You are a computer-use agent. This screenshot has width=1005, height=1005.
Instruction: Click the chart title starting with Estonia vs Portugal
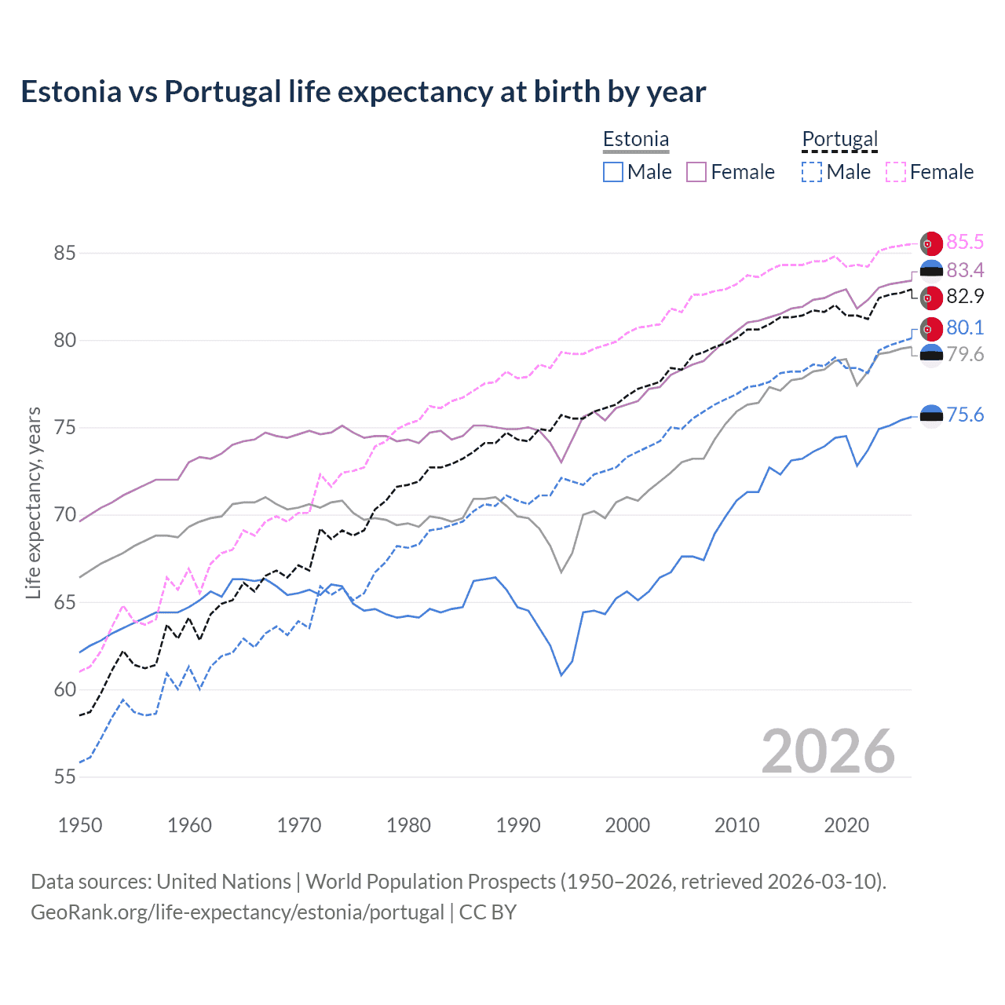[363, 92]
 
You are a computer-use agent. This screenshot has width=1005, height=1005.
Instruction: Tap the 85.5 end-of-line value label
[965, 242]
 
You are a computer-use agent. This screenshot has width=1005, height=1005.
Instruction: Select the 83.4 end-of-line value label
[965, 270]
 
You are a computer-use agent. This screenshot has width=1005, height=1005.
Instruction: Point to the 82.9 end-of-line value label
[965, 296]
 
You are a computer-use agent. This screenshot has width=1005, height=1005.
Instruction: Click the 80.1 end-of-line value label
[965, 327]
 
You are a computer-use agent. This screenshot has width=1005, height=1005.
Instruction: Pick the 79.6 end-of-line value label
[965, 354]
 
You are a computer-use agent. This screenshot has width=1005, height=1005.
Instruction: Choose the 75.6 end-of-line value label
[965, 415]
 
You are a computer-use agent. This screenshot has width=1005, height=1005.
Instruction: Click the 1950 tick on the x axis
[80, 825]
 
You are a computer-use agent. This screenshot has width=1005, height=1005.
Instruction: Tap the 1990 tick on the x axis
[518, 825]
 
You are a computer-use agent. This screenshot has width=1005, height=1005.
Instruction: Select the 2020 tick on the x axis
[846, 825]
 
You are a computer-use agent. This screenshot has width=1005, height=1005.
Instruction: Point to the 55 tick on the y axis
[64, 777]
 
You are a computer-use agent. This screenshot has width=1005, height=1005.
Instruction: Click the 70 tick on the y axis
[64, 515]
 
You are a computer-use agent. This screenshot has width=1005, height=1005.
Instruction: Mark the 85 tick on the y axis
[64, 253]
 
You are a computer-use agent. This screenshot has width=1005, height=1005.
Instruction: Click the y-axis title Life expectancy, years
[33, 502]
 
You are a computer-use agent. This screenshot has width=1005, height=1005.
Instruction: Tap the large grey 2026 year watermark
[828, 751]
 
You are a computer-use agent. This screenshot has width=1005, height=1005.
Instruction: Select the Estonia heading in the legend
[636, 139]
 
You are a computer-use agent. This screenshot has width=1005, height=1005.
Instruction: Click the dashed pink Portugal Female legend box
[896, 172]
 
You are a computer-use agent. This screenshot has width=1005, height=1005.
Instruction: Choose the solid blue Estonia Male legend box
[613, 172]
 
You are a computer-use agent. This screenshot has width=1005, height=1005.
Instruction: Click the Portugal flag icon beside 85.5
[931, 243]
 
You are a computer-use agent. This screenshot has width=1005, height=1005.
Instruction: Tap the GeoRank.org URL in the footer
[237, 912]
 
